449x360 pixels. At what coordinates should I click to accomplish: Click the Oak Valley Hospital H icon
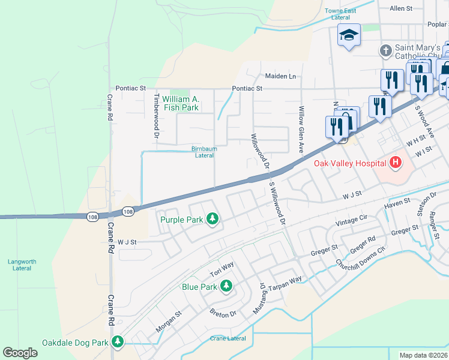[x=396, y=162]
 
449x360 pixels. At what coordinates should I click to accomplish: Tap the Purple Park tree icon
[x=212, y=220]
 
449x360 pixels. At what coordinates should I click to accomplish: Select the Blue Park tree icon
[x=226, y=287]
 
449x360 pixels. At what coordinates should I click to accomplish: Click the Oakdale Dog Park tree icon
[x=118, y=343]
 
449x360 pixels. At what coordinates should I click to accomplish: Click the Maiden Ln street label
[x=281, y=76]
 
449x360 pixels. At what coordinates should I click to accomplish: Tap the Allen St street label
[x=402, y=8]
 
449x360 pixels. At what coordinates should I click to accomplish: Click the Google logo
[x=20, y=353]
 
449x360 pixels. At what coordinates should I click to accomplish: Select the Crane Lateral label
[x=228, y=338]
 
